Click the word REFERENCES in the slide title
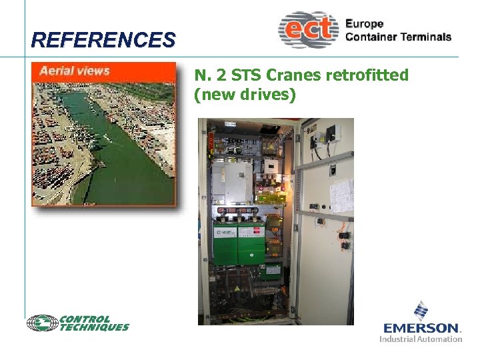[x=103, y=40]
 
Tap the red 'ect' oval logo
[x=309, y=29]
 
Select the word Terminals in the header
[x=426, y=37]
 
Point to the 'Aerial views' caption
[x=74, y=71]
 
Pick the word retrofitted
[x=367, y=75]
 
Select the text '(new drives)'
[x=245, y=95]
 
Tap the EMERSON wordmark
[x=422, y=328]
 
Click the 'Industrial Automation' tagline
[x=421, y=339]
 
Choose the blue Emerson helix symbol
[x=421, y=311]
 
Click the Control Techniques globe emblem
[x=42, y=323]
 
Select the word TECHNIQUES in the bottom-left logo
[x=94, y=327]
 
